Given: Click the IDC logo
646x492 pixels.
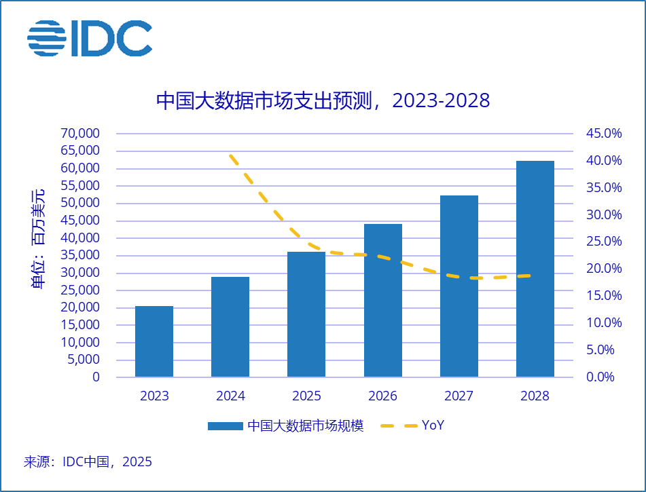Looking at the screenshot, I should pos(90,39).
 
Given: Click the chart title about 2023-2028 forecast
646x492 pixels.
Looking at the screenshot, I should pos(323,100).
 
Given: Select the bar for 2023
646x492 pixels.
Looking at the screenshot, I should pos(154,341).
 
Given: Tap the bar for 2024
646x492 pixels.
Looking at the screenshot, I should pos(230,326).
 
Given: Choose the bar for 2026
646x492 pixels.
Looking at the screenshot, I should pos(382,300).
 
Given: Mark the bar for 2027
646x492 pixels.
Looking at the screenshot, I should pos(459,286).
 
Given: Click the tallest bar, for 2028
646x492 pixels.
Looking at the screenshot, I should pos(535,269).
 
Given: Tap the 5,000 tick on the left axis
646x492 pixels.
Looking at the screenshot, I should pos(84,360).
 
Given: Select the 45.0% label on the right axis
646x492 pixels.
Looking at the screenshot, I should pos(604,134).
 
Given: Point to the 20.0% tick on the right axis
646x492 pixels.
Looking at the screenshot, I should pos(604,269).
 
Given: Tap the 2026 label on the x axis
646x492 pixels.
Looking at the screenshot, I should pos(382,396).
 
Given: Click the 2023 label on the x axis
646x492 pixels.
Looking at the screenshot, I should pos(154,396).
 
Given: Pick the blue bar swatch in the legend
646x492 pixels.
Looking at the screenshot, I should pos(225,426).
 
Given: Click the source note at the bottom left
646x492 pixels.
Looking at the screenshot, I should pos(88,462).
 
